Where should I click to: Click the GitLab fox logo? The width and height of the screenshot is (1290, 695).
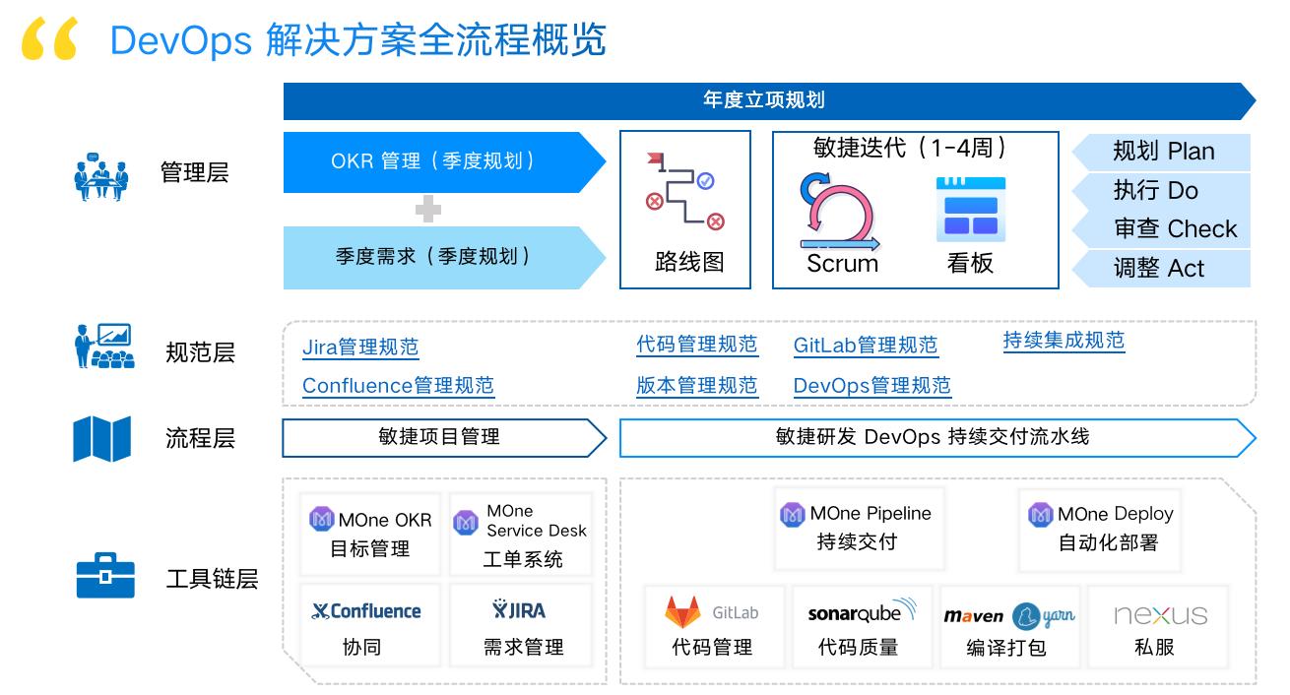(x=683, y=612)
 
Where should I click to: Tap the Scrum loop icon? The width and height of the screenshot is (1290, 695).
(x=838, y=211)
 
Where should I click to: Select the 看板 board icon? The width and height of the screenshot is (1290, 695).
(x=971, y=210)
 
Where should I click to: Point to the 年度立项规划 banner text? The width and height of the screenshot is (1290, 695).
(x=764, y=100)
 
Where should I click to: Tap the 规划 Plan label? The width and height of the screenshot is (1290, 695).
(x=1163, y=152)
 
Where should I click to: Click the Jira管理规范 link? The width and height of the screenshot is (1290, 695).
(x=360, y=347)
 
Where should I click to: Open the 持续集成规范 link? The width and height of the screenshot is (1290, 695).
(x=1064, y=341)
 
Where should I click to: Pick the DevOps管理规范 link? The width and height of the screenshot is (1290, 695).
(x=872, y=385)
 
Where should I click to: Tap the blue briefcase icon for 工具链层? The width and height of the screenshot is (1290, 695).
(x=104, y=576)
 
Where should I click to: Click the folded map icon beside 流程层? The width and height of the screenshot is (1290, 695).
(x=102, y=438)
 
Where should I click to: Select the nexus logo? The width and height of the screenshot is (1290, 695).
(x=1160, y=614)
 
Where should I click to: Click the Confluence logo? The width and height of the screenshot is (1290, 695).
(x=366, y=611)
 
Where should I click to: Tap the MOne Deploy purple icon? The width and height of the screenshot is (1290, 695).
(x=1041, y=515)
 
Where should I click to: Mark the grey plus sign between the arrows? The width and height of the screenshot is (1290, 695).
(x=427, y=209)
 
